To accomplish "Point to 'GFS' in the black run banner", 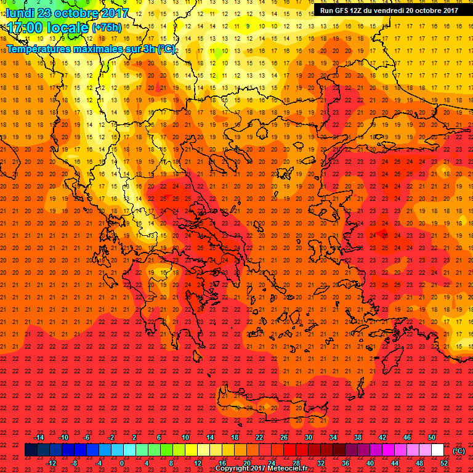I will (344, 10).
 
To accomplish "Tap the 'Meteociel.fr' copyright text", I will (288, 468).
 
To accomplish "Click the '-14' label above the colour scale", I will (39, 437).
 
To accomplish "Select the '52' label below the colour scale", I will (445, 463).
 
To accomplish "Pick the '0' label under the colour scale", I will (122, 463).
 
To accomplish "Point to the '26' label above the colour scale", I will (285, 437).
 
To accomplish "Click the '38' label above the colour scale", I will (358, 437).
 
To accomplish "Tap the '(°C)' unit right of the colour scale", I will (459, 451).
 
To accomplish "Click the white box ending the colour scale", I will (437, 450).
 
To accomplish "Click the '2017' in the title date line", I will (110, 13).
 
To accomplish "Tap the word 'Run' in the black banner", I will (327, 10).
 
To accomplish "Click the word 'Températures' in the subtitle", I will (36, 48).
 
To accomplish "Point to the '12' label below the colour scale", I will (198, 463).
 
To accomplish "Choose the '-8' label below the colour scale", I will (73, 463).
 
